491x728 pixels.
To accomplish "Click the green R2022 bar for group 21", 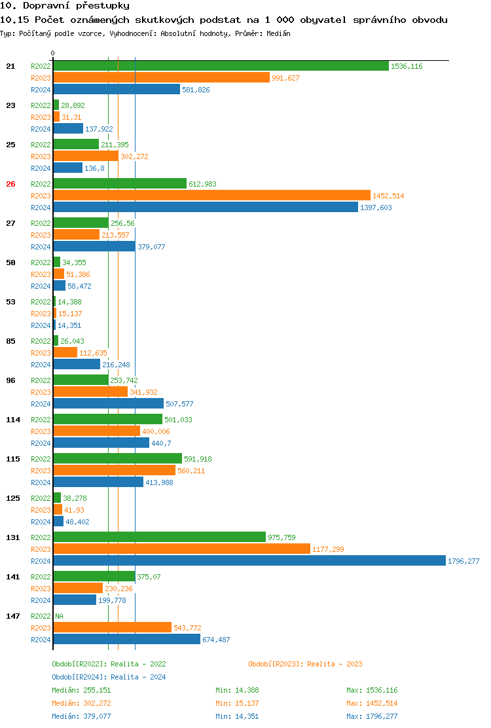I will tap(221, 66).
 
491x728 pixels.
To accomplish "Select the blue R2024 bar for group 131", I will tap(249, 561).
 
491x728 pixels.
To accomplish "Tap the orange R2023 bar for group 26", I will tap(211, 196).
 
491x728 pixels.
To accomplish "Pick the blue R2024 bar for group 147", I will tap(126, 640).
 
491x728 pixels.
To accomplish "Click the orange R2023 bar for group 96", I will tap(90, 392).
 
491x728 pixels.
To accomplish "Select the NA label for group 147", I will tap(59, 616).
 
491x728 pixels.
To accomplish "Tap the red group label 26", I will tap(10, 184).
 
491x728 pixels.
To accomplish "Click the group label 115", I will tap(12, 459).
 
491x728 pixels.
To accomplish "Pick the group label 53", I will tap(10, 302).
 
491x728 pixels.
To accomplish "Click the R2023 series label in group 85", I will tap(41, 353).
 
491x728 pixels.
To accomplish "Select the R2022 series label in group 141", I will tap(41, 577).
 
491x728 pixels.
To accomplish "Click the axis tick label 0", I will tap(53, 53).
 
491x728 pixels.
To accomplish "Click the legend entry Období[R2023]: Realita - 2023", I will tap(305, 664).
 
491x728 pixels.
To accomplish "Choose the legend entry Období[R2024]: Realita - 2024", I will tap(109, 677).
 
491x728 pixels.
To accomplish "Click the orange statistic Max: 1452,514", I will tap(372, 703).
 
